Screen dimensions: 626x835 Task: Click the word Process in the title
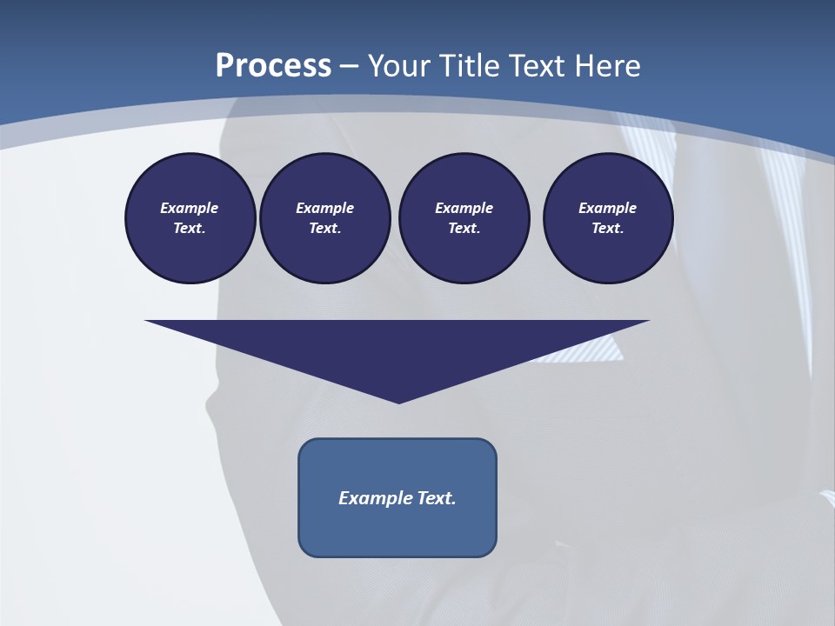273,66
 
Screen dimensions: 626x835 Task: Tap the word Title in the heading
471,66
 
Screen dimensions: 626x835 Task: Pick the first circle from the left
190,218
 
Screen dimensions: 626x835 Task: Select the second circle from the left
324,218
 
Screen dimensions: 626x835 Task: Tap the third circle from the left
464,218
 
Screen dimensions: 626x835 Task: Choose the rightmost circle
607,218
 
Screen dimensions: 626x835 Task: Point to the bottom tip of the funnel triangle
398,401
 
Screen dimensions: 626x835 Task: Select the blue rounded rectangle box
397,497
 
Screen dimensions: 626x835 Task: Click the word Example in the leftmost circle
190,208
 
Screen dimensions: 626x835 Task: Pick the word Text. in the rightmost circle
607,229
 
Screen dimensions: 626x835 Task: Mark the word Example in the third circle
464,208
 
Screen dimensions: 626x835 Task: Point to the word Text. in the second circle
324,229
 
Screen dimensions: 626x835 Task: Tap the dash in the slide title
349,66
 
